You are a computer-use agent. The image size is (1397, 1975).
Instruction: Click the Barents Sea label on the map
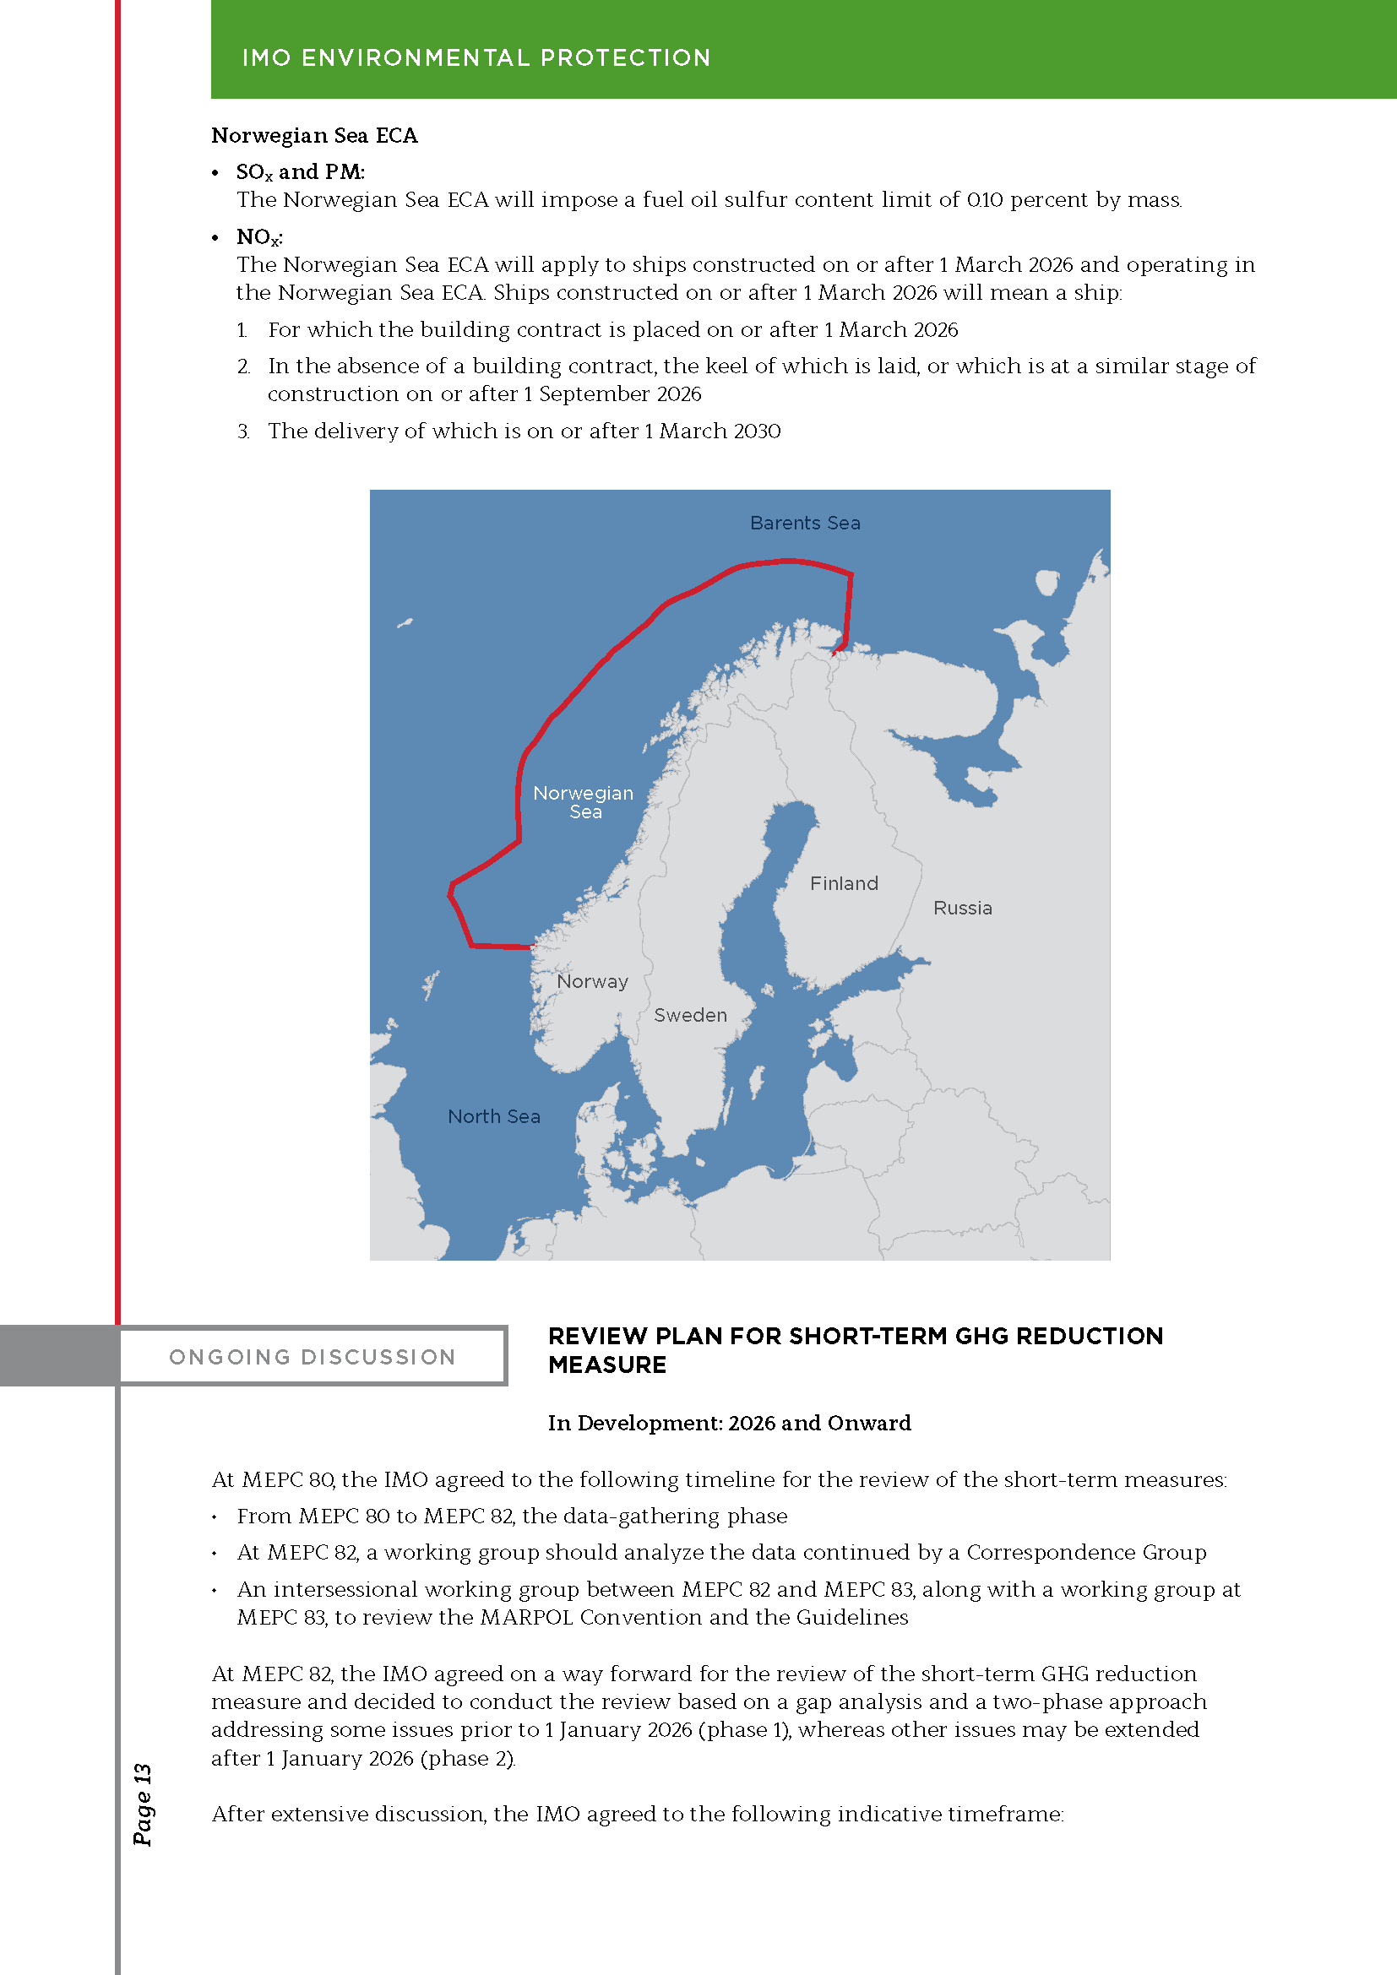point(804,523)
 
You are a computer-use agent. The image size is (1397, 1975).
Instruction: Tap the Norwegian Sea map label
point(584,801)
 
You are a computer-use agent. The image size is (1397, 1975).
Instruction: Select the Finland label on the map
point(844,883)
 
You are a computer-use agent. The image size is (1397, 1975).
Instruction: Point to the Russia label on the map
point(963,908)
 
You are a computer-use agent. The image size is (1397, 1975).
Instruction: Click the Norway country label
point(592,981)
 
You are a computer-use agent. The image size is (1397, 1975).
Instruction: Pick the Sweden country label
point(690,1015)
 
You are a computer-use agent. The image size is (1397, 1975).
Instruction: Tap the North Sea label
point(494,1116)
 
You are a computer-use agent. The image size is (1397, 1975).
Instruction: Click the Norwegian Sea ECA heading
point(314,136)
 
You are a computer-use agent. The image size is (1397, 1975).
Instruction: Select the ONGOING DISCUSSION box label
point(313,1357)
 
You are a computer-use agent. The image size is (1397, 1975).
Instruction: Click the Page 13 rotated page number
point(143,1804)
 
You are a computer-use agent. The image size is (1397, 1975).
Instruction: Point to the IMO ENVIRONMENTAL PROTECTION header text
point(476,57)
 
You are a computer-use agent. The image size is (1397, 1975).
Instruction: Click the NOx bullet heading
point(259,237)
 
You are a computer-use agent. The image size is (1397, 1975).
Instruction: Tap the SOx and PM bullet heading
point(299,172)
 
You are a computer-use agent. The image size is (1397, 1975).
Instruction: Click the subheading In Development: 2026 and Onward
point(729,1423)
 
